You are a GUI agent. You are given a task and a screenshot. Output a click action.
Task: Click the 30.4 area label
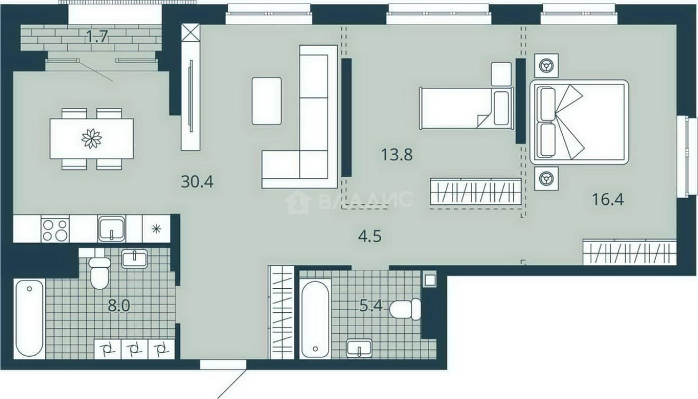tap(197, 181)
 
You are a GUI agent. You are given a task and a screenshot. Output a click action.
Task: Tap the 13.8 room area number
tap(397, 155)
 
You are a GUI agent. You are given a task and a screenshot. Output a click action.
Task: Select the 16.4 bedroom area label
tap(608, 199)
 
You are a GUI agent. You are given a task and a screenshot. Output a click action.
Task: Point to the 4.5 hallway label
tap(370, 236)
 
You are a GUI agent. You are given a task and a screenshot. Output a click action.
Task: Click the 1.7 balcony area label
tap(97, 37)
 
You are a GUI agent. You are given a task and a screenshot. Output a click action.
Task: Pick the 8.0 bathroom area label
tap(119, 306)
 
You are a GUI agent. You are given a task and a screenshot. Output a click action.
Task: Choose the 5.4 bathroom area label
tap(371, 306)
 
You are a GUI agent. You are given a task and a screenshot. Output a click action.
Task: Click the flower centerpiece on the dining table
tap(92, 139)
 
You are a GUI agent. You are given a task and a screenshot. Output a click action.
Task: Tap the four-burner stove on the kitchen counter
tap(55, 229)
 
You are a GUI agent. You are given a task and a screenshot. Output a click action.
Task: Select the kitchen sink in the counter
tap(111, 229)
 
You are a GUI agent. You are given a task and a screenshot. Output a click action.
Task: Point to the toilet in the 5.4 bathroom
tap(405, 309)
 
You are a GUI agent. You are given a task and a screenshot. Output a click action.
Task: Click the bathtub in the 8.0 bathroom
tap(30, 319)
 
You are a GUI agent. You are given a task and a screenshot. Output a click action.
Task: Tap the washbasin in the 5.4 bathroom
tap(359, 348)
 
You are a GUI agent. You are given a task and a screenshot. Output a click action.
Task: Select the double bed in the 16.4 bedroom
tap(579, 122)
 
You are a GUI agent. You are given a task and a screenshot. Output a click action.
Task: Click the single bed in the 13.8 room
tap(466, 108)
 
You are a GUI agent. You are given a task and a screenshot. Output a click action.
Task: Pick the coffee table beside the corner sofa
tap(267, 101)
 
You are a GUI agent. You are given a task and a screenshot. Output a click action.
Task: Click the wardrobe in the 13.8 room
tap(476, 191)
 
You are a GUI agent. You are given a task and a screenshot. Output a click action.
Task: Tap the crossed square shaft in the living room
tap(191, 32)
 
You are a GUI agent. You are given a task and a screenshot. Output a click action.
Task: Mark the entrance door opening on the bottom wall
tap(223, 364)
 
